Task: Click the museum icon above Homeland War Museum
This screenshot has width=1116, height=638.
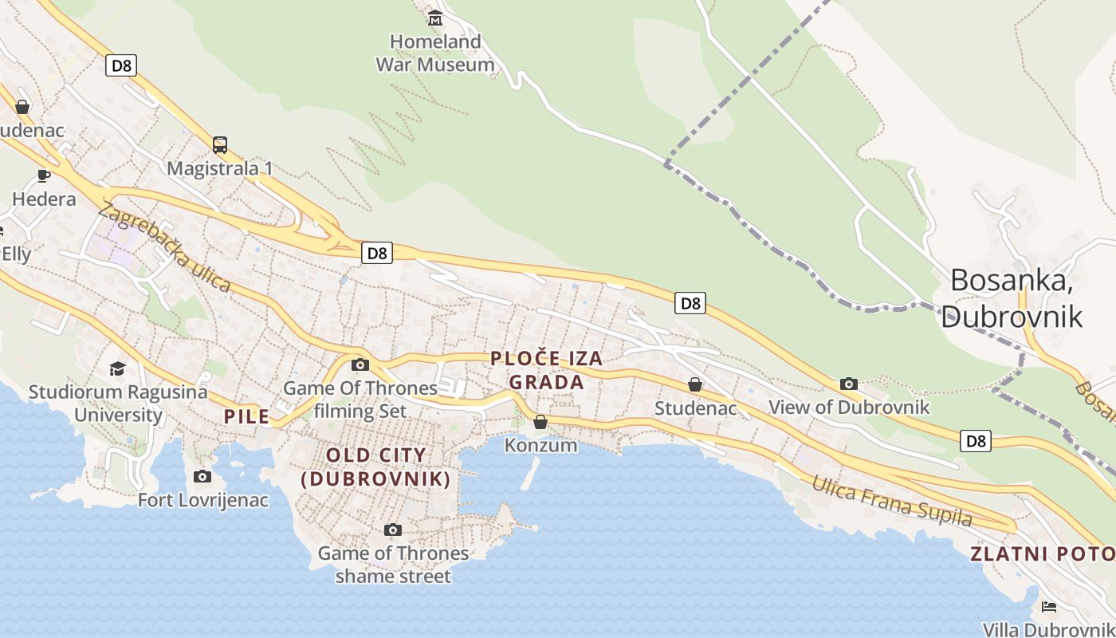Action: point(435,18)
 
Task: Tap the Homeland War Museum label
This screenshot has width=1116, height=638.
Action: point(435,53)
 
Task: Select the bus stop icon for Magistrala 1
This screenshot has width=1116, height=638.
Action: point(220,145)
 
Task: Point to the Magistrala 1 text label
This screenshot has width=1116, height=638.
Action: point(220,168)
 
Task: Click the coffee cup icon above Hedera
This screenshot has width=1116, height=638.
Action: point(44,175)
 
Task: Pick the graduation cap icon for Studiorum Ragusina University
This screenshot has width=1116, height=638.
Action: point(118,368)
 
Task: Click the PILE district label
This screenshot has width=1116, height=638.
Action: point(246,416)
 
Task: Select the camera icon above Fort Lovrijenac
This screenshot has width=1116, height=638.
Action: point(202,477)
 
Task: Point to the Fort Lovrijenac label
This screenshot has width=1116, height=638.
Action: point(203,500)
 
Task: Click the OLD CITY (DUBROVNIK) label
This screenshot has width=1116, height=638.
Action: point(376,467)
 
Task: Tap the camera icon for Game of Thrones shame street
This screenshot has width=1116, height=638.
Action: point(392,530)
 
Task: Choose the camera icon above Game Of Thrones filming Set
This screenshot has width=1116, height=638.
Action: point(360,365)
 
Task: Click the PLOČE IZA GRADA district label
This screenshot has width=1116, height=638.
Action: point(547,371)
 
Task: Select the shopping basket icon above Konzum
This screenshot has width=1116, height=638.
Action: point(540,422)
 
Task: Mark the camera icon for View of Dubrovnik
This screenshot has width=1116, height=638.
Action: point(849,384)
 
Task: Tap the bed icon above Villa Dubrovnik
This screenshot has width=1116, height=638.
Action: point(1049,607)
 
